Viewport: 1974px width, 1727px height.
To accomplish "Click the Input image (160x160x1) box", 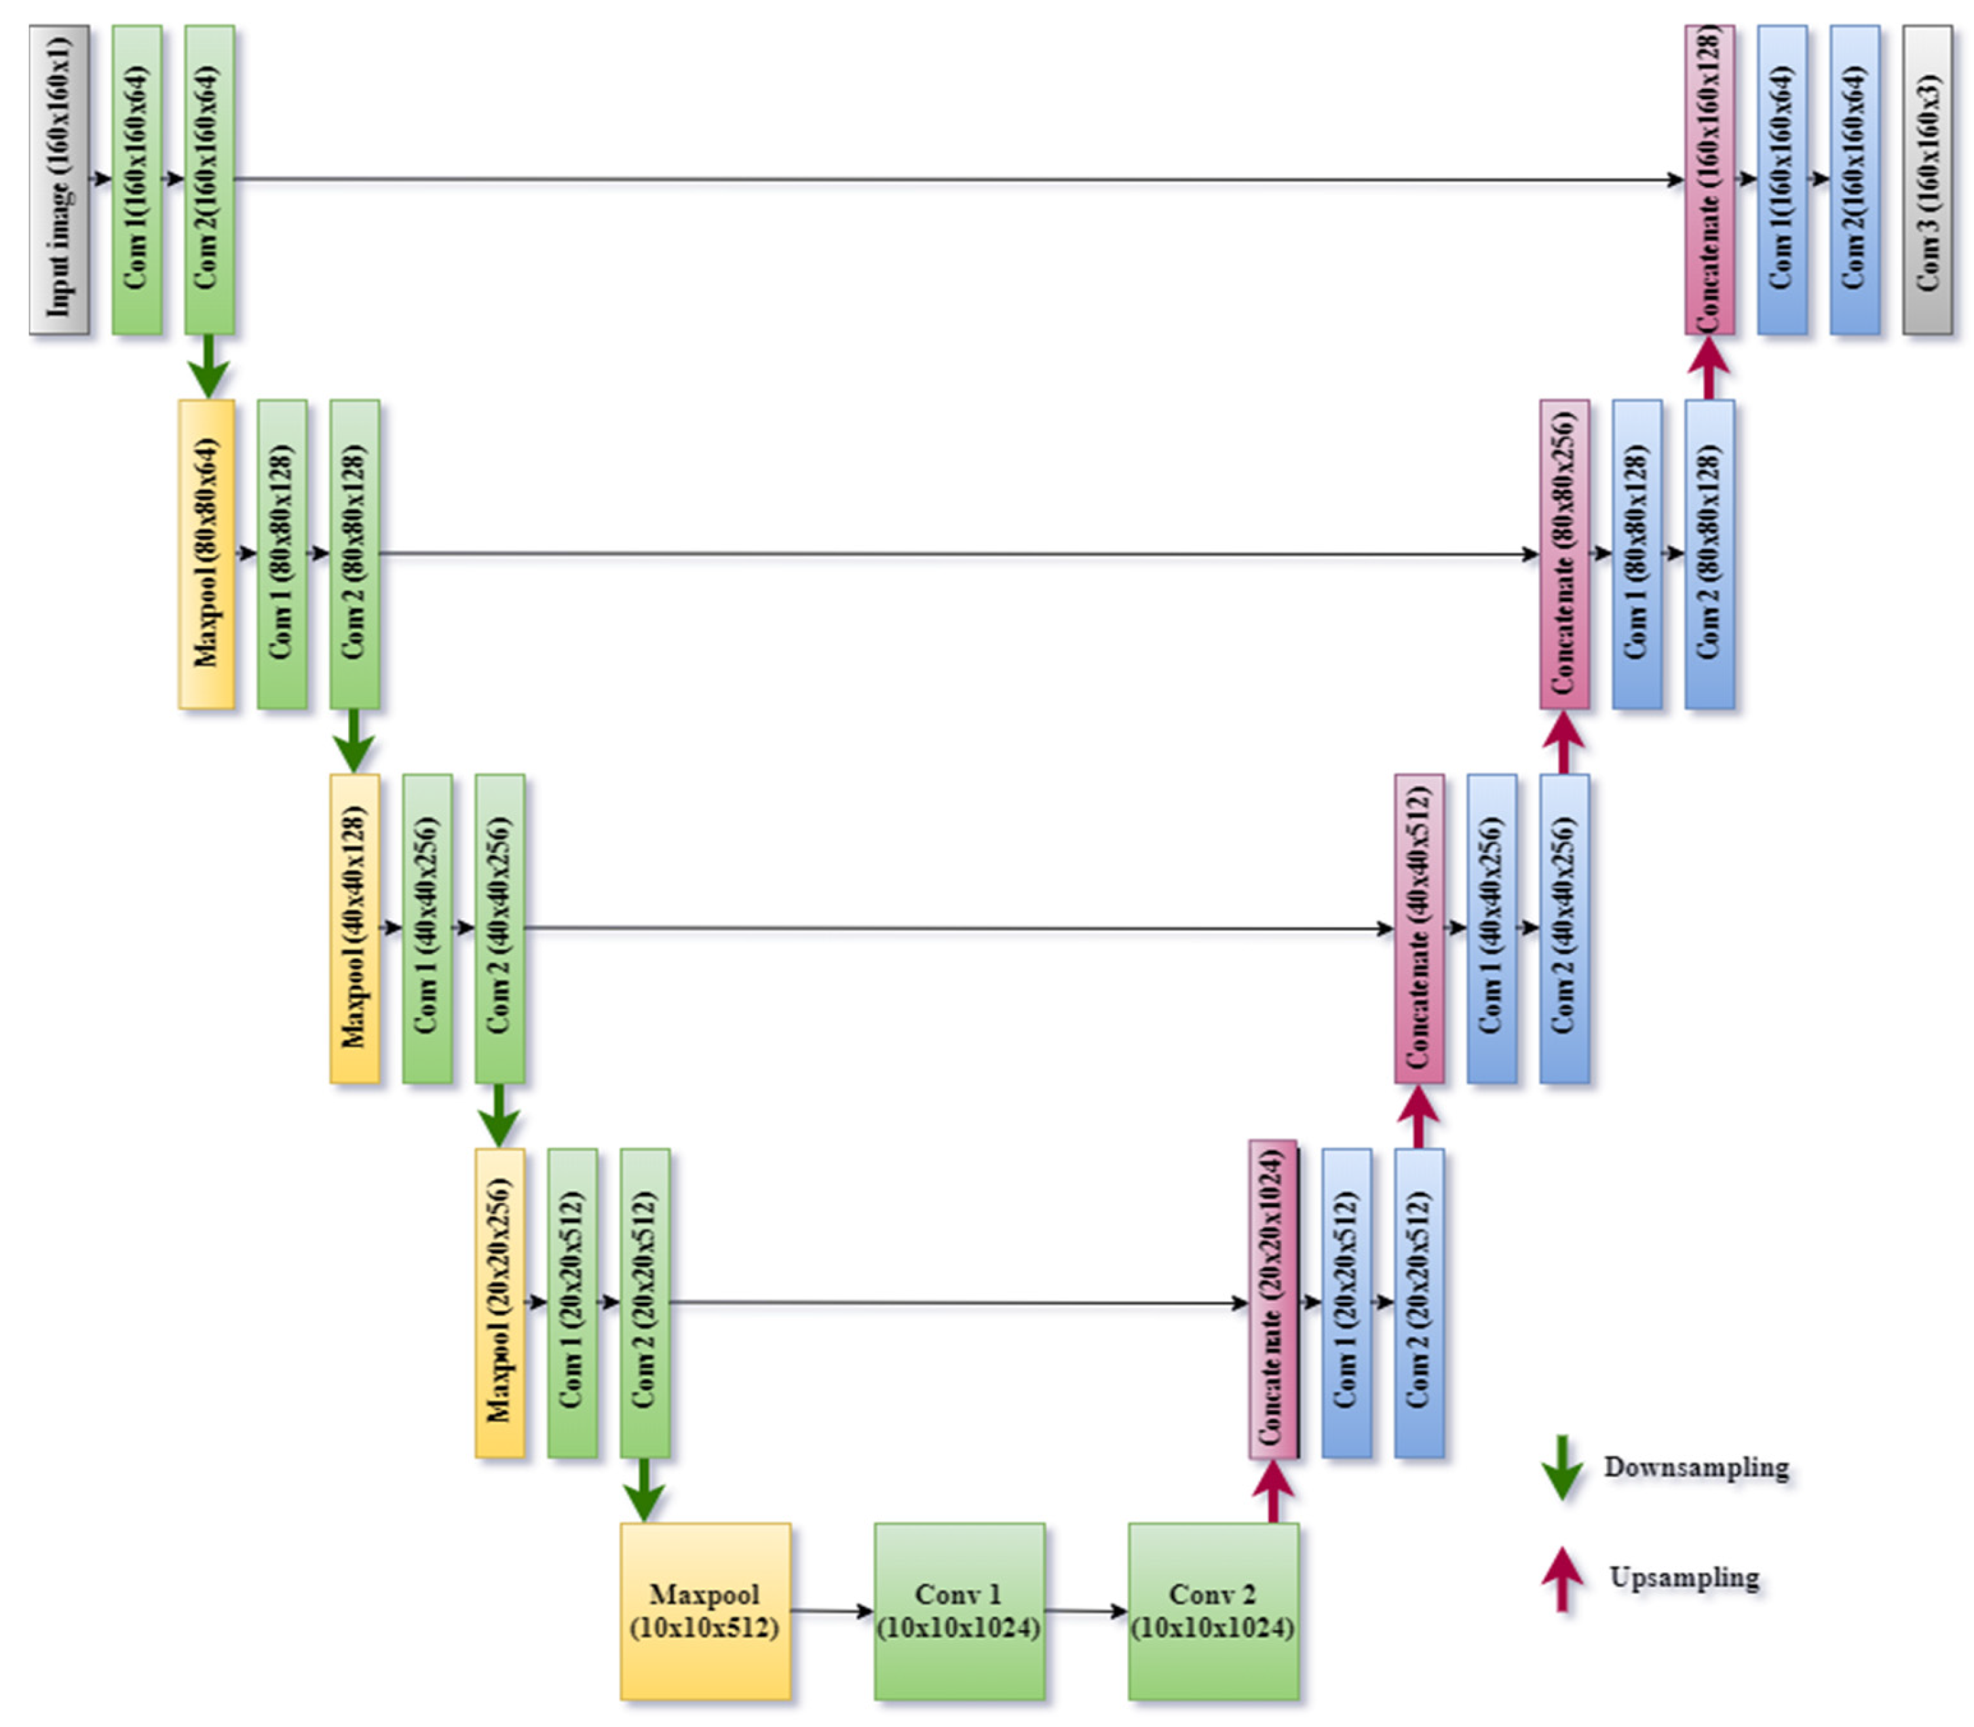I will [59, 181].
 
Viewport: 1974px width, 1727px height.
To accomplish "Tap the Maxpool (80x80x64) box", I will [206, 554].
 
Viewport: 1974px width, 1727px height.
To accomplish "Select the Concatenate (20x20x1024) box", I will [1272, 1299].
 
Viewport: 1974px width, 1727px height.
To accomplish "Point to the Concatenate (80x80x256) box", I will [1563, 554].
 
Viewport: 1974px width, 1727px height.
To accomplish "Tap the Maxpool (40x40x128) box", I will [354, 928].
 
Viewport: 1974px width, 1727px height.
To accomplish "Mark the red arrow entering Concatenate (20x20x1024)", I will [1272, 1490].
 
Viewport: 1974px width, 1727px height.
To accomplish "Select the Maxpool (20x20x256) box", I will [499, 1302].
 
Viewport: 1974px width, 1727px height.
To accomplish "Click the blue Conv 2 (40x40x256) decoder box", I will [1563, 928].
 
